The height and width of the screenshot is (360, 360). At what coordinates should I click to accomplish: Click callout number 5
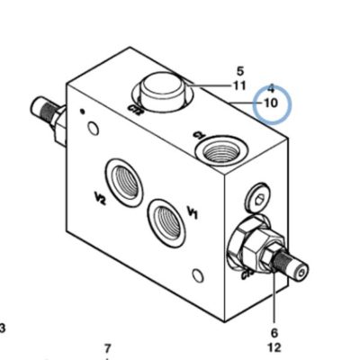pyautogui.click(x=240, y=71)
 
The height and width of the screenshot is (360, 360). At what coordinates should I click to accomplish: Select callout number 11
pyautogui.click(x=239, y=86)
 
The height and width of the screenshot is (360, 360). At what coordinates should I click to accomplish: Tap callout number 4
pyautogui.click(x=271, y=88)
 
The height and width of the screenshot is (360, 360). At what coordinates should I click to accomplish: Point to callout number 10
pyautogui.click(x=271, y=103)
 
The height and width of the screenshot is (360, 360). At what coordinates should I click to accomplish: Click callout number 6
pyautogui.click(x=274, y=333)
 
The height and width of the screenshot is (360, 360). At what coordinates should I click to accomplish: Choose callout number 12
pyautogui.click(x=274, y=347)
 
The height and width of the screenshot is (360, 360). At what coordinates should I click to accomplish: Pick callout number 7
pyautogui.click(x=108, y=348)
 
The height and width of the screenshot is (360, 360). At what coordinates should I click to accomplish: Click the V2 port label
pyautogui.click(x=100, y=199)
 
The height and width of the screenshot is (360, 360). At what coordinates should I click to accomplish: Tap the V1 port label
pyautogui.click(x=193, y=212)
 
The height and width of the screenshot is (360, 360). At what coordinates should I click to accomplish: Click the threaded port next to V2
pyautogui.click(x=124, y=182)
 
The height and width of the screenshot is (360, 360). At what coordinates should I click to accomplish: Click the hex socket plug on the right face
pyautogui.click(x=258, y=198)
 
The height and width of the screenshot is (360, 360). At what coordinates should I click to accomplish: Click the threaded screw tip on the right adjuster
pyautogui.click(x=292, y=265)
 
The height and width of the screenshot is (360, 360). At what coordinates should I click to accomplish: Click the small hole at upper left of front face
pyautogui.click(x=94, y=128)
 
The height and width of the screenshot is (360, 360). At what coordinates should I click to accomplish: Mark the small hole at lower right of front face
pyautogui.click(x=198, y=275)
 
